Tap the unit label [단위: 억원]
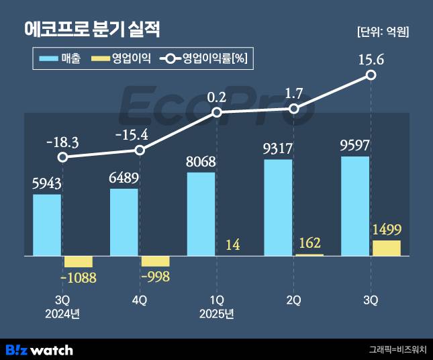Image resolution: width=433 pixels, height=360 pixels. (x=382, y=32)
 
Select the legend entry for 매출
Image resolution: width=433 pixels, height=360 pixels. (x=60, y=59)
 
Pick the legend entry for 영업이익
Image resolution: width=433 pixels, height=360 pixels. (x=120, y=59)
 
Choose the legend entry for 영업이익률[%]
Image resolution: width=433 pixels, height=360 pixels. (x=205, y=59)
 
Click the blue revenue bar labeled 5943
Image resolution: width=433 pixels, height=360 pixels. (x=47, y=225)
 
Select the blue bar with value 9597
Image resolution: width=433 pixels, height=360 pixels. (x=356, y=206)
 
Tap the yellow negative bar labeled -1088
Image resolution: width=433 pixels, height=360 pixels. (x=78, y=262)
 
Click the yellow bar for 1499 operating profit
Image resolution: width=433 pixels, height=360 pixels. (x=386, y=248)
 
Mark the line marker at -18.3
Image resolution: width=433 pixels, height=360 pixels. (x=62, y=158)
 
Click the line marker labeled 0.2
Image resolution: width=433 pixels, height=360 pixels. (x=217, y=112)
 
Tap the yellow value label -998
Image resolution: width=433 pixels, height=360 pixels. (x=154, y=275)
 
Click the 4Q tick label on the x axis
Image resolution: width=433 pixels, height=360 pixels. (x=140, y=300)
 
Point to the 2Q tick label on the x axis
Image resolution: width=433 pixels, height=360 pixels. (x=294, y=300)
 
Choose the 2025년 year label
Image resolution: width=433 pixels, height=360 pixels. (x=216, y=314)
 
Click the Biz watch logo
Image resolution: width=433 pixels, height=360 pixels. (x=39, y=349)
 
